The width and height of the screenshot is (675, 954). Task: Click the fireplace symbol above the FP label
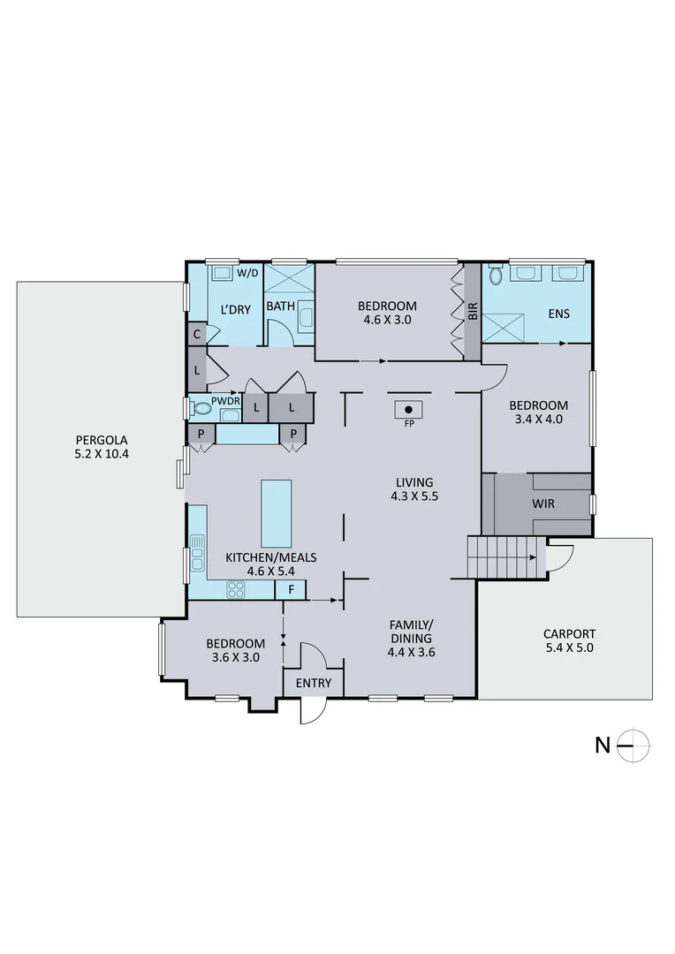tap(407, 409)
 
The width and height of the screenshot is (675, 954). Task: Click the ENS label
tap(558, 314)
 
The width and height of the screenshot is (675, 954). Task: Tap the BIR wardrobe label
tap(473, 311)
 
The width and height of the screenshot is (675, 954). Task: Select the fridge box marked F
tap(292, 589)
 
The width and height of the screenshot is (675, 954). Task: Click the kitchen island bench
tap(276, 514)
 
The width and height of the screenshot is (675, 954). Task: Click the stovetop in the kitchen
tap(236, 589)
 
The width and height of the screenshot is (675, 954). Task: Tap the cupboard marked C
tap(196, 335)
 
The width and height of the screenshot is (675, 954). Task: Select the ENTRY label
tap(313, 683)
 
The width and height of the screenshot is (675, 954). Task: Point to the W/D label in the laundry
tap(247, 273)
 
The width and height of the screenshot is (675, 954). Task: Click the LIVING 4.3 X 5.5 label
tap(414, 488)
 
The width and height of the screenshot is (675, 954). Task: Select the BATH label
tap(280, 307)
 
